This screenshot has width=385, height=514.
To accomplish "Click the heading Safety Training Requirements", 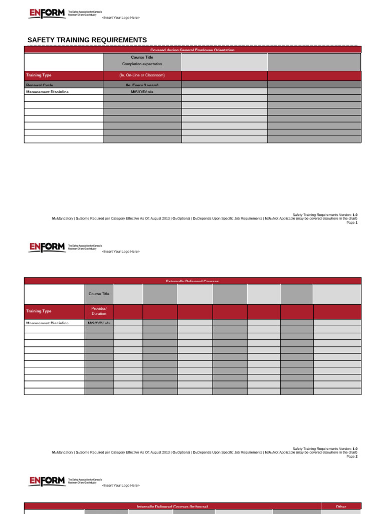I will pyautogui.click(x=87, y=40).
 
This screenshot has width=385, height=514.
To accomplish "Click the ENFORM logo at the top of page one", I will pyautogui.click(x=47, y=14).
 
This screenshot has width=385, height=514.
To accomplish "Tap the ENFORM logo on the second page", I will pyautogui.click(x=47, y=246).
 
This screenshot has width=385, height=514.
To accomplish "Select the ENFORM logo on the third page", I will pyautogui.click(x=47, y=481).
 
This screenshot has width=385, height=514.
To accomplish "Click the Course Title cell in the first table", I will pyautogui.click(x=142, y=57).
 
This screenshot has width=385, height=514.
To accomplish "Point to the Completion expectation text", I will pyautogui.click(x=142, y=64).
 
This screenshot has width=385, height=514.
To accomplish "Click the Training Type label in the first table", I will pyautogui.click(x=39, y=75).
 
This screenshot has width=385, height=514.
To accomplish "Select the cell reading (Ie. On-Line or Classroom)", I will pyautogui.click(x=142, y=75).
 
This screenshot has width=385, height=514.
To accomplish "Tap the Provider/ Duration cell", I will pyautogui.click(x=99, y=311).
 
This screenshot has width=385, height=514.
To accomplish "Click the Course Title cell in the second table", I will pyautogui.click(x=99, y=294).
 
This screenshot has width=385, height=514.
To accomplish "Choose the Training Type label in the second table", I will pyautogui.click(x=39, y=311).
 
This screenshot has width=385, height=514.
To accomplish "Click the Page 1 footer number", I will pyautogui.click(x=352, y=222).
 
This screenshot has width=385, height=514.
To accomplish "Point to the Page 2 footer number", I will pyautogui.click(x=352, y=456).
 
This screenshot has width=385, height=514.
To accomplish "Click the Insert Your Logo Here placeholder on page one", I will pyautogui.click(x=120, y=18).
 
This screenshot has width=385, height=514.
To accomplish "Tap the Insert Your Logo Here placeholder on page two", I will pyautogui.click(x=120, y=251).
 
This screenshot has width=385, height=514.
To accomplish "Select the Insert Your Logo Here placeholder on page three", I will pyautogui.click(x=120, y=485).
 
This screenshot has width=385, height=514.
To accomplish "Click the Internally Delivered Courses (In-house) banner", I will pyautogui.click(x=172, y=506).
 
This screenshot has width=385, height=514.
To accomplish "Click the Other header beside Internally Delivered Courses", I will pyautogui.click(x=340, y=506).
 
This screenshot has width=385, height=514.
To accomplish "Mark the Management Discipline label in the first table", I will pyautogui.click(x=47, y=92).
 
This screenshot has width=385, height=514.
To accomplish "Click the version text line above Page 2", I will pyautogui.click(x=324, y=448).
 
